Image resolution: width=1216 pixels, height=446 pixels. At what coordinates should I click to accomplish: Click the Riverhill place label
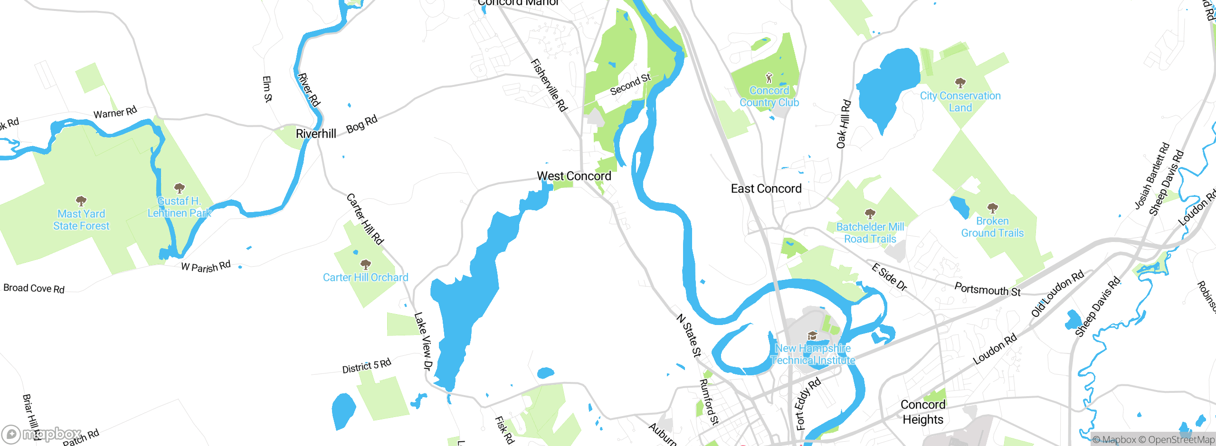click(316, 134)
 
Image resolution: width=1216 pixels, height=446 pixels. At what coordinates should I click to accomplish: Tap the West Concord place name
click(574, 176)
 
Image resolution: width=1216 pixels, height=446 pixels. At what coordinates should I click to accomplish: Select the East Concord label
click(766, 189)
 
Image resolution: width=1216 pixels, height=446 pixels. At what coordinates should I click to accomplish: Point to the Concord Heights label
click(922, 412)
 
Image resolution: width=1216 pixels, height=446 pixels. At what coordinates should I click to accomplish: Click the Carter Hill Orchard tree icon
click(365, 264)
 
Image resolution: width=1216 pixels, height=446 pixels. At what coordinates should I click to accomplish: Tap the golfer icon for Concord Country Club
click(769, 77)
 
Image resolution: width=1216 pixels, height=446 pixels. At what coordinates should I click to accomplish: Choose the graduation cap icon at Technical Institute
click(812, 336)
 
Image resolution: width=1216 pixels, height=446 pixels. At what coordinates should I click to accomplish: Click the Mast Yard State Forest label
click(81, 220)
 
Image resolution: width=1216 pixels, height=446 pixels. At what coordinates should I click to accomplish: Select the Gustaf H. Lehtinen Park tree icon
click(179, 188)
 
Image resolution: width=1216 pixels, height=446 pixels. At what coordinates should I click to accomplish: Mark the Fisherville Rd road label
click(549, 85)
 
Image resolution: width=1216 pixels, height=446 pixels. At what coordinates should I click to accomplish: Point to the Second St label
click(630, 84)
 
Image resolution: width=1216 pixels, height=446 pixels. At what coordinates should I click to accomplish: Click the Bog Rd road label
click(362, 124)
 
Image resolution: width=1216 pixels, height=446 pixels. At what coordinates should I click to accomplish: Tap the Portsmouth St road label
click(987, 289)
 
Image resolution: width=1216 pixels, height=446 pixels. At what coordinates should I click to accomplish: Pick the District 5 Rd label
click(367, 366)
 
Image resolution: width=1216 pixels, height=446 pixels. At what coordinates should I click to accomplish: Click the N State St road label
click(688, 335)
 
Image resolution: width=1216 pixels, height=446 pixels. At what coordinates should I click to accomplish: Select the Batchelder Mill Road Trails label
click(870, 233)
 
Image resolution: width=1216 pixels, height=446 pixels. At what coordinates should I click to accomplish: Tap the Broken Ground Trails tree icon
click(992, 208)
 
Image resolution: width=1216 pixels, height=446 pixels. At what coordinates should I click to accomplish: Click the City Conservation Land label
click(960, 102)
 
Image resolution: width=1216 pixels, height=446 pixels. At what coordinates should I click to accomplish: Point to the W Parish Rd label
click(206, 267)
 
